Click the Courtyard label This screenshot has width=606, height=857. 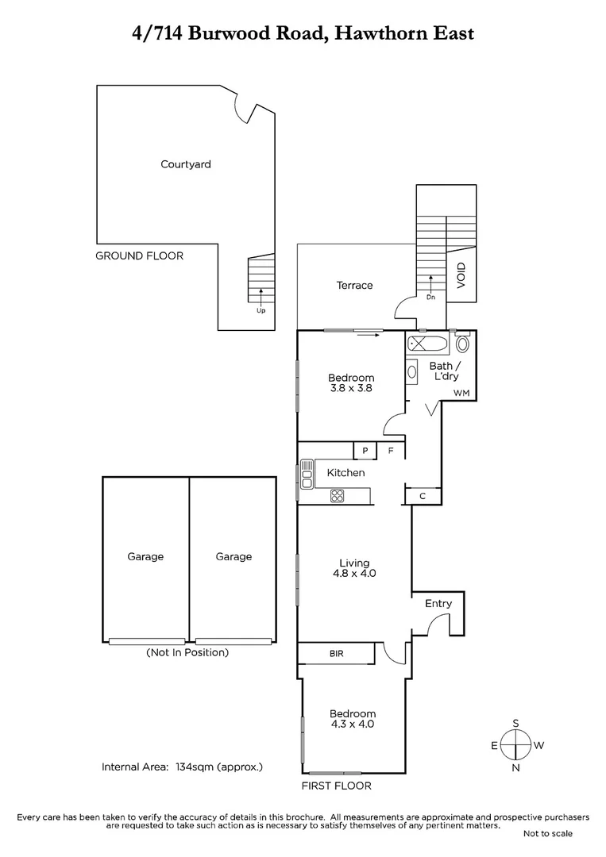(185, 164)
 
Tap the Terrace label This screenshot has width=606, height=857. (354, 285)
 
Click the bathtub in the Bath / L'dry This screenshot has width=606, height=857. (427, 344)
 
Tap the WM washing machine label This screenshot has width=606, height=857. (461, 394)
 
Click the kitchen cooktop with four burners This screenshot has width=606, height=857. (338, 496)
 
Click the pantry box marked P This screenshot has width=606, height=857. (365, 451)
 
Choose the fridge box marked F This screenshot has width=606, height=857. (391, 451)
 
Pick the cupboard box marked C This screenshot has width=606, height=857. (423, 496)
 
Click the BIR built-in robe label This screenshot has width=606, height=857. (336, 655)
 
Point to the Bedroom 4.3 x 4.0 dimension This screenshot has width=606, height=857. (353, 724)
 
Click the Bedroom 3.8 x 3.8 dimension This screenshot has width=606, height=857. (352, 389)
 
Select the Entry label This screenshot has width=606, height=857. (438, 604)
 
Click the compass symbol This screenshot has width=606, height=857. (516, 744)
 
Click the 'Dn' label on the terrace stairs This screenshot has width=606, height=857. (430, 298)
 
